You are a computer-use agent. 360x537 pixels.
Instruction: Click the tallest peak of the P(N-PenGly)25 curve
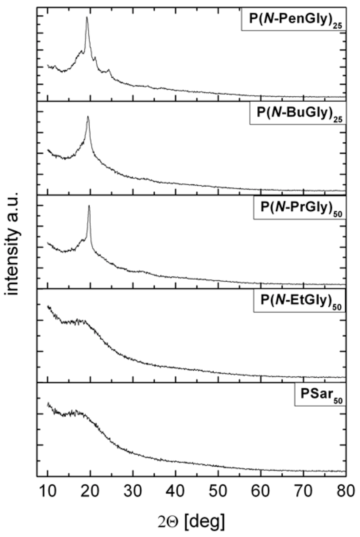(87, 17)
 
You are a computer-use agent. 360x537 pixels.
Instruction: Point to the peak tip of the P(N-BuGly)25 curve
(88, 116)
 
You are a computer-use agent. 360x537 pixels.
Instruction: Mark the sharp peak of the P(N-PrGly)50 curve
(89, 205)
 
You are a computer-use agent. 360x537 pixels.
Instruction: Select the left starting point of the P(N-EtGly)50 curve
(48, 306)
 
